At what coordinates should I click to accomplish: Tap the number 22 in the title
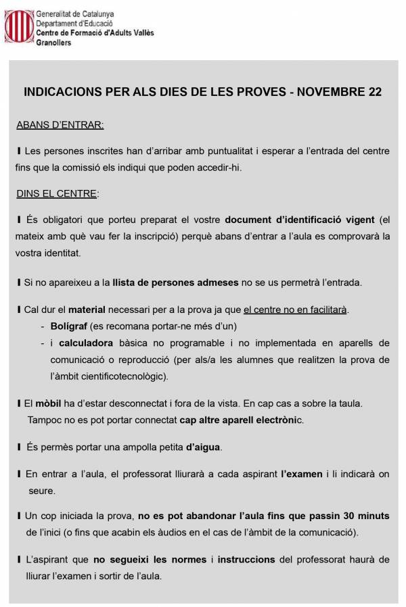coord(374,91)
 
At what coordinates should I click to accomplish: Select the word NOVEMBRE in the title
coord(328,91)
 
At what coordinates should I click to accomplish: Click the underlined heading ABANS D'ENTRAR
coord(60,125)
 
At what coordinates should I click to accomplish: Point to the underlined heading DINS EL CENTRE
coord(57,194)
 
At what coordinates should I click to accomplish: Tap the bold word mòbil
coord(47,404)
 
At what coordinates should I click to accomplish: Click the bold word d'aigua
coord(203,447)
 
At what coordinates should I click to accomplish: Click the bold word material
coord(87,310)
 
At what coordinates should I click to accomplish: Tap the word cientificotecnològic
coord(116,375)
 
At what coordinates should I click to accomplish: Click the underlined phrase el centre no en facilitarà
coord(295,310)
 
